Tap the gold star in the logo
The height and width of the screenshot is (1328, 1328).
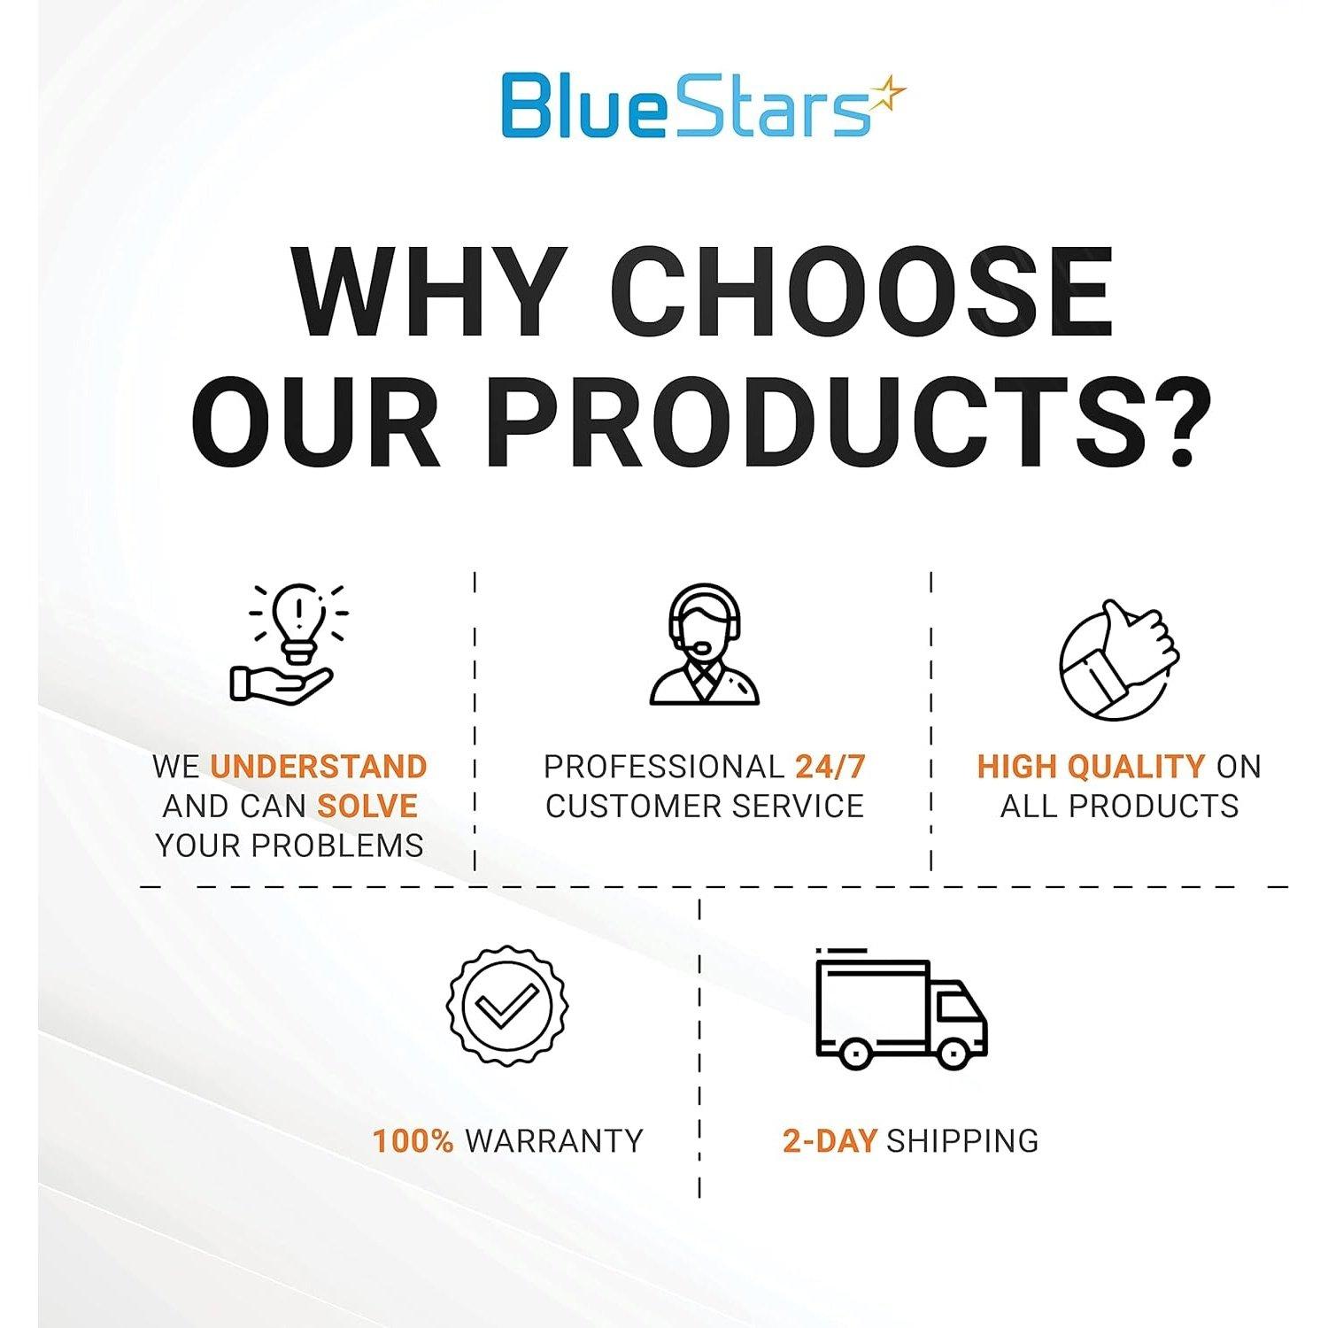pyautogui.click(x=887, y=94)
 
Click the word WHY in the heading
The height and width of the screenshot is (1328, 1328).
pyautogui.click(x=430, y=292)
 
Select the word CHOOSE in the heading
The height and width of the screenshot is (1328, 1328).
pyautogui.click(x=861, y=292)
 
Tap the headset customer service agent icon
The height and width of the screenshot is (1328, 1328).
pyautogui.click(x=705, y=644)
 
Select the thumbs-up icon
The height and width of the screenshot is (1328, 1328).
pyautogui.click(x=1119, y=660)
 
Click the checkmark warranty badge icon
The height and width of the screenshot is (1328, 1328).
pyautogui.click(x=507, y=1006)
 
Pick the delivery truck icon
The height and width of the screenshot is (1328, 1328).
pyautogui.click(x=901, y=1008)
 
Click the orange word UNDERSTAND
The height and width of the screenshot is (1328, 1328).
pyautogui.click(x=319, y=766)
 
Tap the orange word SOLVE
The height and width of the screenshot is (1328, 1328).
pyautogui.click(x=367, y=806)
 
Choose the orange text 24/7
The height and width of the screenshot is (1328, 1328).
pyautogui.click(x=830, y=766)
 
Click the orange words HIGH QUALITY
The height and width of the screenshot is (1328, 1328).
pyautogui.click(x=1091, y=766)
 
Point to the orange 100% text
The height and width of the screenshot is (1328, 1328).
pyautogui.click(x=413, y=1140)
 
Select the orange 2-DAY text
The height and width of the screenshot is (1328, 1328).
pyautogui.click(x=830, y=1140)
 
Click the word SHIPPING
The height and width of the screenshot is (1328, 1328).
pyautogui.click(x=962, y=1140)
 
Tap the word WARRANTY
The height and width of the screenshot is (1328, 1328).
pyautogui.click(x=554, y=1140)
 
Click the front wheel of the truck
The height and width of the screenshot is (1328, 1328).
pyautogui.click(x=954, y=1054)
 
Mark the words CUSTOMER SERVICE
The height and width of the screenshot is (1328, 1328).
pyautogui.click(x=705, y=806)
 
